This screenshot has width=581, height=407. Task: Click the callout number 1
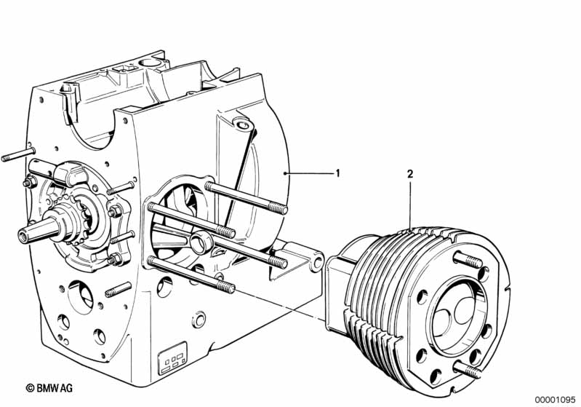point(337,173)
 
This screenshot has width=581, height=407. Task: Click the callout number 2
point(410,174)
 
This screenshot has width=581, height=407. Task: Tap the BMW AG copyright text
point(49,388)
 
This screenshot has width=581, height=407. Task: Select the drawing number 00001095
point(555,400)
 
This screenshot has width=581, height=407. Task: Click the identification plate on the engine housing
point(172,357)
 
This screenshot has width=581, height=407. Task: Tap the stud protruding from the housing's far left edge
point(18,154)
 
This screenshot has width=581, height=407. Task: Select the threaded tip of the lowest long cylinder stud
point(225,287)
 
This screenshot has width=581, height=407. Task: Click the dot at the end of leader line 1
point(284,173)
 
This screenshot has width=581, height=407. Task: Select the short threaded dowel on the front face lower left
point(119,289)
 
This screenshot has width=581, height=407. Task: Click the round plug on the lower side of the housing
point(199,319)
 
